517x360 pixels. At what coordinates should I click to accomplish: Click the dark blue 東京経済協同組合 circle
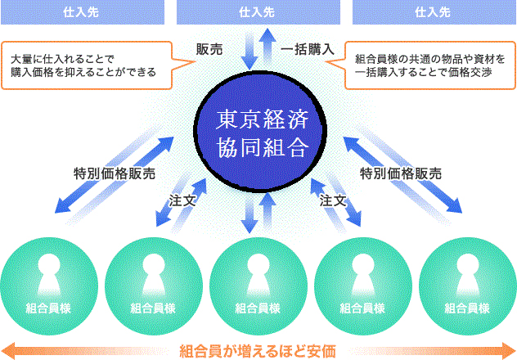click(258, 134)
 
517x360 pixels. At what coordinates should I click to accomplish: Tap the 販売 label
click(209, 49)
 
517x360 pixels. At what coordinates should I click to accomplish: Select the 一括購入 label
click(308, 49)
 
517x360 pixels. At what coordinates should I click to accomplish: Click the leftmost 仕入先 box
click(81, 12)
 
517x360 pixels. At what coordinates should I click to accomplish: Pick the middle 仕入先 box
click(258, 12)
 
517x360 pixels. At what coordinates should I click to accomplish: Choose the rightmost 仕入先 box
click(434, 12)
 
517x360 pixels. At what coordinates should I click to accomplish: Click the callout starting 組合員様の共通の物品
click(430, 65)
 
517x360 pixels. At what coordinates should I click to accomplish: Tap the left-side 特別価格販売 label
click(114, 173)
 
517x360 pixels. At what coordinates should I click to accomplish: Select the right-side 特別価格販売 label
click(401, 173)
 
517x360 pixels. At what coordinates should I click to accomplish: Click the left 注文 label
click(182, 200)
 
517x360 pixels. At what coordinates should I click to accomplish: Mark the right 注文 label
click(333, 200)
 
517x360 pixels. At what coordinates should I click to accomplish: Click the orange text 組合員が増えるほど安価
click(258, 352)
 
